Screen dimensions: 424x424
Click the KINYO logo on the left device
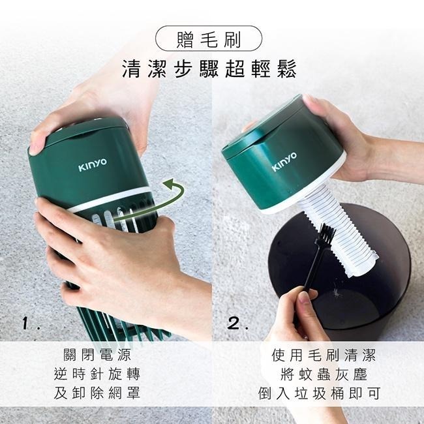[x=93, y=167]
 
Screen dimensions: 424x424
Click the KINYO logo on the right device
[x=284, y=162]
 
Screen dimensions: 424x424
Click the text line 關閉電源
[x=106, y=356]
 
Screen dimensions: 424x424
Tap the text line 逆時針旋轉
[x=106, y=374]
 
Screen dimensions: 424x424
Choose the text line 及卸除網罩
[x=106, y=393]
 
